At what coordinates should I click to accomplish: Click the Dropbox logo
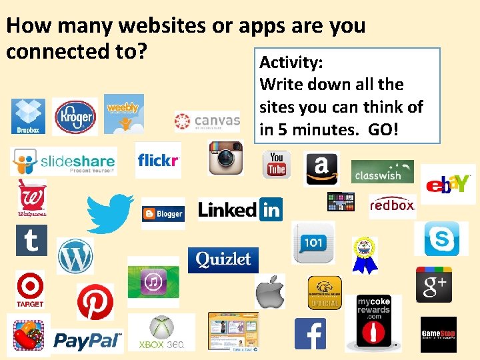(x=28, y=116)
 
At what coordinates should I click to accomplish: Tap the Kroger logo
(x=75, y=117)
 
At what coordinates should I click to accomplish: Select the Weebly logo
(x=123, y=111)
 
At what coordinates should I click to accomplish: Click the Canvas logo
(x=207, y=121)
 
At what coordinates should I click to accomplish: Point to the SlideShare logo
(x=63, y=161)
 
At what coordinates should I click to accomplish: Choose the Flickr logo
(x=158, y=160)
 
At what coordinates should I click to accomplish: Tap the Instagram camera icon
(x=225, y=158)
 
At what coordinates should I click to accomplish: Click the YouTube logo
(x=276, y=165)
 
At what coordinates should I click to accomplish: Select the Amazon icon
(x=321, y=167)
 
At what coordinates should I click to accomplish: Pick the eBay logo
(x=448, y=183)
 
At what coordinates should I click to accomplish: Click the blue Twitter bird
(x=110, y=213)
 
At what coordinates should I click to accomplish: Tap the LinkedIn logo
(x=240, y=209)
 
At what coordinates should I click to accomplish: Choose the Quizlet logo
(x=223, y=259)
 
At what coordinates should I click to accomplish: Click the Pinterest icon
(x=95, y=302)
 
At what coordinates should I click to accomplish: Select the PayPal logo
(x=88, y=341)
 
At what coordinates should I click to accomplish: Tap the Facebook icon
(x=310, y=334)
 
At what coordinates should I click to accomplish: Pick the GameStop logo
(x=438, y=334)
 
